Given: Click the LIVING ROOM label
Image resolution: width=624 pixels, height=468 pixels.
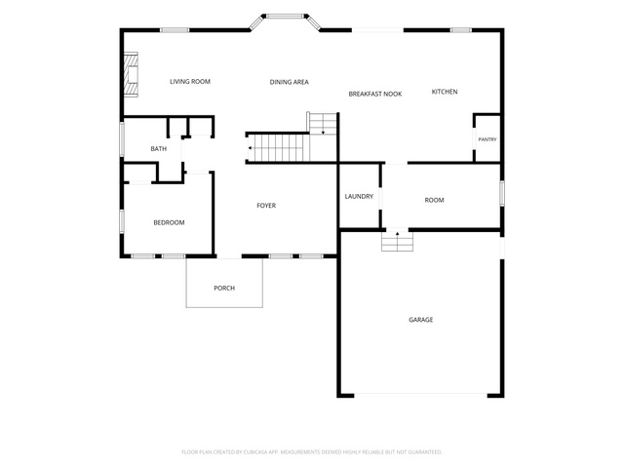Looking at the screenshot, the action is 190,82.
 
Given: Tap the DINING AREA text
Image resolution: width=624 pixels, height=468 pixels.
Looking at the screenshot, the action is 290,82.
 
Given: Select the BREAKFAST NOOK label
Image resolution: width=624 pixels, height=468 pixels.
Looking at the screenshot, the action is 375,94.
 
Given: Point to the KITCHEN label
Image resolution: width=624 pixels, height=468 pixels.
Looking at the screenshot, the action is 445,92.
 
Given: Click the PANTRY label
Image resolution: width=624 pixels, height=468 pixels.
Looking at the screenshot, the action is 487,139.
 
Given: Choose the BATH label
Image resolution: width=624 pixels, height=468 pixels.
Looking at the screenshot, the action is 158,149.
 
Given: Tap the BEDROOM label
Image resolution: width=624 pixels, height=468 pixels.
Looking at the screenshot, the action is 169,222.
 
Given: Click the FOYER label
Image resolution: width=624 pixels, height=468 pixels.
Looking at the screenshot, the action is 266,206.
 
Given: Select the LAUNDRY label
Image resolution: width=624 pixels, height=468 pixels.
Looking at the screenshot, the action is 359,196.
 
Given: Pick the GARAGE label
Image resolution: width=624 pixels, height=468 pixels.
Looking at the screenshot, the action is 420,320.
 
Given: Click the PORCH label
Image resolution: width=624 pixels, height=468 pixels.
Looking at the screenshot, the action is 224,289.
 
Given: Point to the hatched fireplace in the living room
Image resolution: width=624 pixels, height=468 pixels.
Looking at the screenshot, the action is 131,75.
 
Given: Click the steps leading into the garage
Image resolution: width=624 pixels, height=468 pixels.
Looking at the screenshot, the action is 397,241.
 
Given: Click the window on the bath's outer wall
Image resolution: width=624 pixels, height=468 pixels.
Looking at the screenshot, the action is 122,138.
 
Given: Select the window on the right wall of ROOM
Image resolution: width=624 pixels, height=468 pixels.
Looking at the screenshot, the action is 502,193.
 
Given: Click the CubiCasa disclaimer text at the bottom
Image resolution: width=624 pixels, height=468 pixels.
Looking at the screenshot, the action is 312,452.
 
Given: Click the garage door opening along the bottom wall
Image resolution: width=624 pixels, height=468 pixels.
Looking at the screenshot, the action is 420,395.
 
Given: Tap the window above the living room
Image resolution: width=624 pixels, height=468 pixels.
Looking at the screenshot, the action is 175,30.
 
